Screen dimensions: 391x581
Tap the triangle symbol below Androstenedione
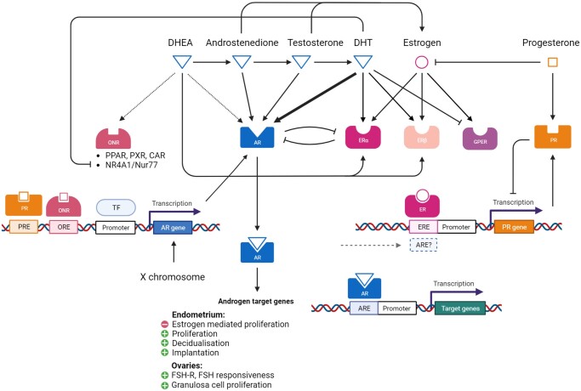point(242,62)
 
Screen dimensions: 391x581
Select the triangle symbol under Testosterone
point(302,62)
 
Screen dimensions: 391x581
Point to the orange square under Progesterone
point(553,62)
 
